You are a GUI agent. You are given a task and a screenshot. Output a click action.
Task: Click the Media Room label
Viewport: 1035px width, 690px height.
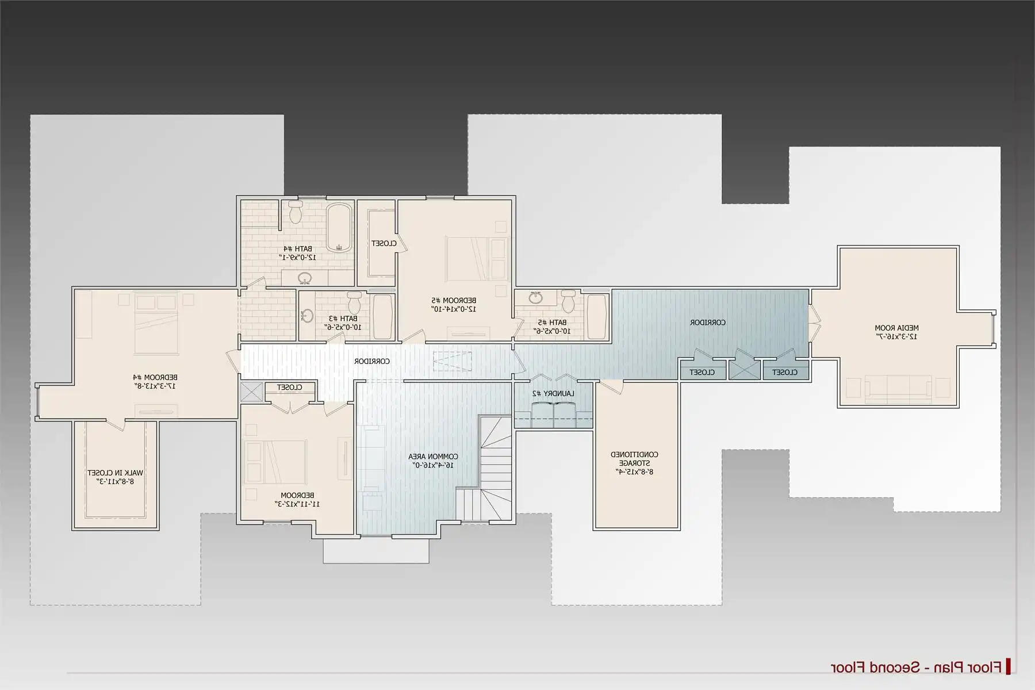pyautogui.click(x=896, y=328)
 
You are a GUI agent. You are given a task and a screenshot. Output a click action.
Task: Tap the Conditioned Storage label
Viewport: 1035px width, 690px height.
pyautogui.click(x=634, y=458)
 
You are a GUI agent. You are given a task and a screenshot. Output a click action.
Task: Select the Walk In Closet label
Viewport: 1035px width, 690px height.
pyautogui.click(x=115, y=473)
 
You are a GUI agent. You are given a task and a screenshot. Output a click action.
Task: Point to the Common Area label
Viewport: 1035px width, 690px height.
pyautogui.click(x=433, y=457)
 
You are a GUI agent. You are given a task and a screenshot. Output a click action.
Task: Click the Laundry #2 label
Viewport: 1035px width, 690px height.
pyautogui.click(x=553, y=393)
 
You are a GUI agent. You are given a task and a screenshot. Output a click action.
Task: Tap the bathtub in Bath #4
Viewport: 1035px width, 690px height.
pyautogui.click(x=339, y=228)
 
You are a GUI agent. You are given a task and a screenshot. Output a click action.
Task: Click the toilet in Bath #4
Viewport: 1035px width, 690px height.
pyautogui.click(x=296, y=212)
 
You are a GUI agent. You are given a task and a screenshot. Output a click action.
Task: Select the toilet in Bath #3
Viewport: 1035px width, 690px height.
pyautogui.click(x=354, y=302)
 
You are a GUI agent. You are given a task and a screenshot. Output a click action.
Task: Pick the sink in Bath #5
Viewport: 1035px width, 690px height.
pyautogui.click(x=536, y=298)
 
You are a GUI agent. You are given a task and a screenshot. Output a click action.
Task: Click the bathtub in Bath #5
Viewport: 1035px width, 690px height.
pyautogui.click(x=596, y=317)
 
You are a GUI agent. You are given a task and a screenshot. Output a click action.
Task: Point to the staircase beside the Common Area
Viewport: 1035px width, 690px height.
pyautogui.click(x=492, y=469)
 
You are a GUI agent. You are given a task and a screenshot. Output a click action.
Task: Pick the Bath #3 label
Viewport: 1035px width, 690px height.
pyautogui.click(x=343, y=318)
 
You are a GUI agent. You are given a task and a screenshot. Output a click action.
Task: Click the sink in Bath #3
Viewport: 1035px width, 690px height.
pyautogui.click(x=307, y=315)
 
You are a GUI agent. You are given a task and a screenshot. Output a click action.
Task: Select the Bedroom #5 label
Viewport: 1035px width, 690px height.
pyautogui.click(x=454, y=300)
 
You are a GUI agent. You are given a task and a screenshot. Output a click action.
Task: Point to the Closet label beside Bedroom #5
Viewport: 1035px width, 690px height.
pyautogui.click(x=384, y=243)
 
